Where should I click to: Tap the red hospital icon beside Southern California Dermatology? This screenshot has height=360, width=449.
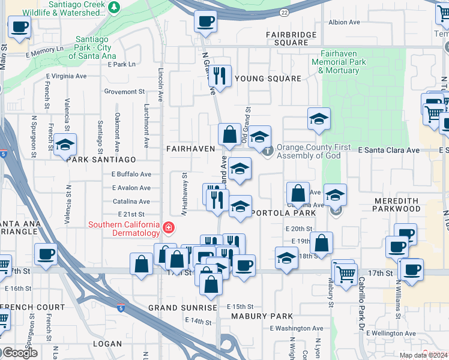click(x=169, y=228)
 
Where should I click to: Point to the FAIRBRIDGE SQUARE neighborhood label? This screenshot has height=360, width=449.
click(x=291, y=38)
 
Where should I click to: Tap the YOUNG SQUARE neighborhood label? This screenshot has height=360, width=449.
click(x=268, y=79)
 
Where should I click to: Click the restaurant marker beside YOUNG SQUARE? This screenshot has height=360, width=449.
click(x=221, y=76)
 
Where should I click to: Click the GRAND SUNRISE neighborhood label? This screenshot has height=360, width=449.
click(x=182, y=308)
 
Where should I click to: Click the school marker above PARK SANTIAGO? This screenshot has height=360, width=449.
click(x=65, y=145)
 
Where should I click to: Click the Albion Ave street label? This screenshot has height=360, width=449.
click(x=344, y=22)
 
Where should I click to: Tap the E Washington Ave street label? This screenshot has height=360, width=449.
click(x=296, y=328)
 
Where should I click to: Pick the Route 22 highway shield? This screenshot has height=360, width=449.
click(x=284, y=13)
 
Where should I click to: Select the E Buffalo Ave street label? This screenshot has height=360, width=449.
click(x=131, y=174)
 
